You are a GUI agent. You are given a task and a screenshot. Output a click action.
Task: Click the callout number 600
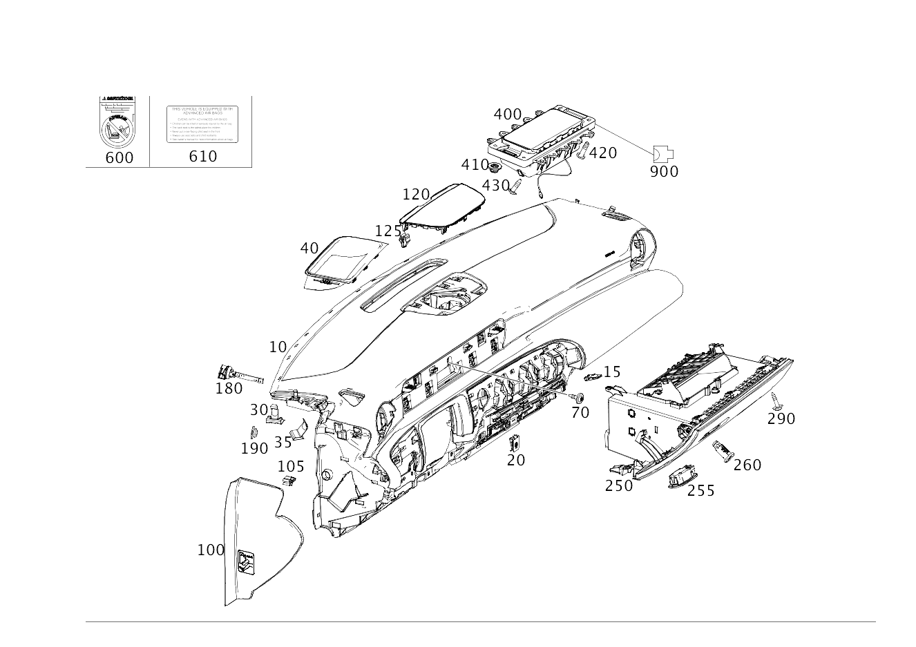click(x=119, y=157)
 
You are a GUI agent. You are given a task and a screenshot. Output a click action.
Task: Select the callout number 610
click(x=202, y=157)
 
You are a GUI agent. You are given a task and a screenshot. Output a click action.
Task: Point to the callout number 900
click(x=664, y=171)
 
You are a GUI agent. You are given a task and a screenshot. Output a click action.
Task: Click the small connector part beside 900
click(x=664, y=153)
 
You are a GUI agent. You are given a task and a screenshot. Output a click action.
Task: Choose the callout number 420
click(x=602, y=153)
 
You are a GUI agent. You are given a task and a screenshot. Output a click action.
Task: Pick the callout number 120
click(x=416, y=194)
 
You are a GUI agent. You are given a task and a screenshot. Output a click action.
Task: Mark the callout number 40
click(x=309, y=248)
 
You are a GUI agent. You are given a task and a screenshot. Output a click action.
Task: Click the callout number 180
click(x=229, y=389)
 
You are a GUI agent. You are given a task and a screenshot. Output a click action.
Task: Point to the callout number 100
click(x=211, y=550)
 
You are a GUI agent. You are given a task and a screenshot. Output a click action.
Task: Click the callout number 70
click(x=580, y=412)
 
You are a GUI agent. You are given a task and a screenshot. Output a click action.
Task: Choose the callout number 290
click(x=781, y=418)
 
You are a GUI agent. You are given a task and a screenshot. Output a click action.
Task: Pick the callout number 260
click(x=747, y=465)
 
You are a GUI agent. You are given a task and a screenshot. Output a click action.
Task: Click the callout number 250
click(x=618, y=485)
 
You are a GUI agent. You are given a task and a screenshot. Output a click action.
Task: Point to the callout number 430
click(x=495, y=185)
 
